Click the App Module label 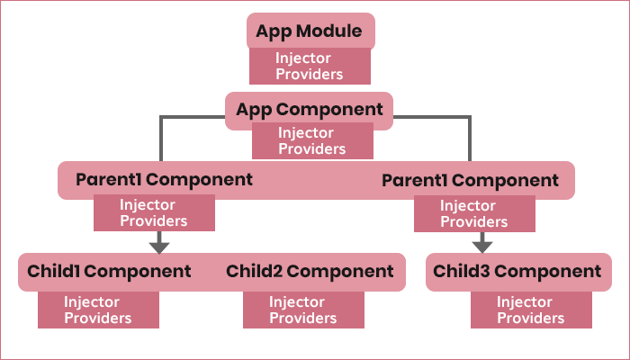[x=310, y=33]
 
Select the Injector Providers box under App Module [x=310, y=67]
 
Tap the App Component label [x=310, y=109]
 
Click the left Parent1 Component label [x=164, y=180]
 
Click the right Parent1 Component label [x=470, y=181]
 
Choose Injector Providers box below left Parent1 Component [x=154, y=212]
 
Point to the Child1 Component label [x=109, y=271]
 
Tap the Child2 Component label [x=310, y=271]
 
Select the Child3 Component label [x=517, y=271]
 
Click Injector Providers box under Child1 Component [x=98, y=310]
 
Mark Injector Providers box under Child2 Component [x=303, y=310]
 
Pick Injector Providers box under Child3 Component [x=531, y=310]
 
